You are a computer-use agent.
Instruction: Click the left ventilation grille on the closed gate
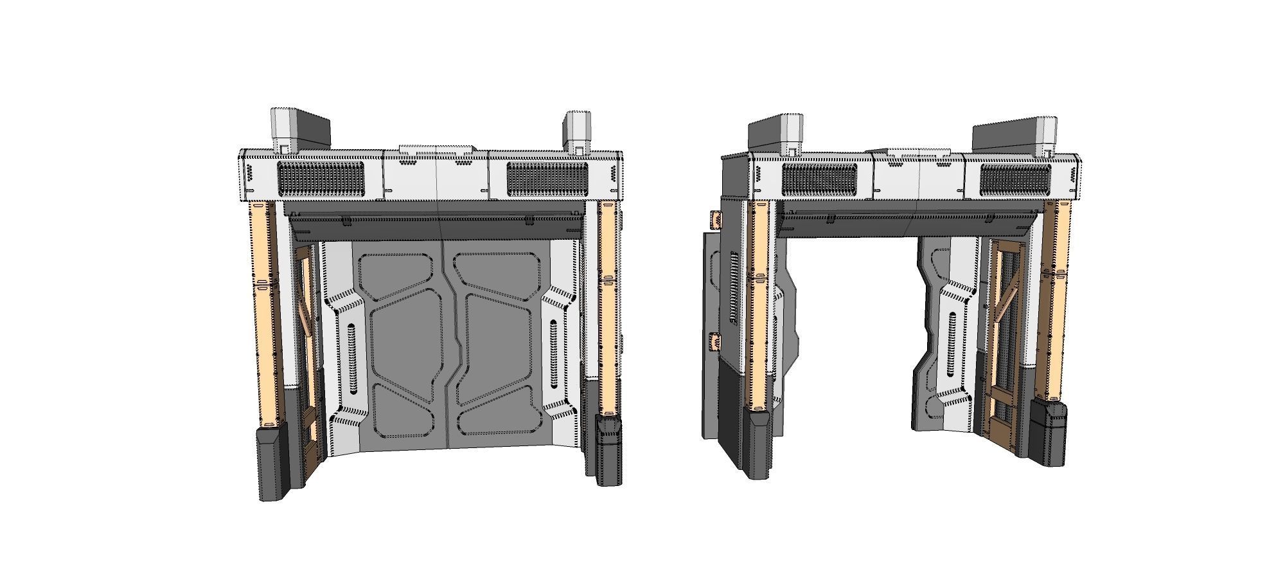[321, 179]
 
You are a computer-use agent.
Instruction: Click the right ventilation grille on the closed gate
[547, 179]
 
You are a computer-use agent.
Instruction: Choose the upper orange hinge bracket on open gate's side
[714, 221]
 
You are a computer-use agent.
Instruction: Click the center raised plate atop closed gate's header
[437, 149]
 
